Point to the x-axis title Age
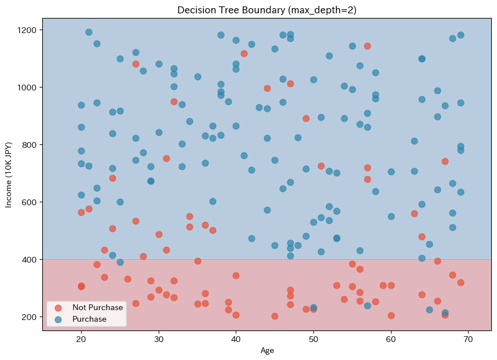click(266, 350)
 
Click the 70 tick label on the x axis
click(469, 339)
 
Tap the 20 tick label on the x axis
click(81, 339)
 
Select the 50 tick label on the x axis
click(313, 339)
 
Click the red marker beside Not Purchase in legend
click(58, 307)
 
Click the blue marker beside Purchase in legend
click(58, 319)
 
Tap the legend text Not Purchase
click(97, 307)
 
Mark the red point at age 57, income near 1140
click(367, 46)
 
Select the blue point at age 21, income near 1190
click(89, 32)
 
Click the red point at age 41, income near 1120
click(244, 53)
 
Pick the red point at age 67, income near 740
click(445, 161)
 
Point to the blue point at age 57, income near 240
click(367, 306)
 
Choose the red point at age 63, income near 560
click(414, 213)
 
